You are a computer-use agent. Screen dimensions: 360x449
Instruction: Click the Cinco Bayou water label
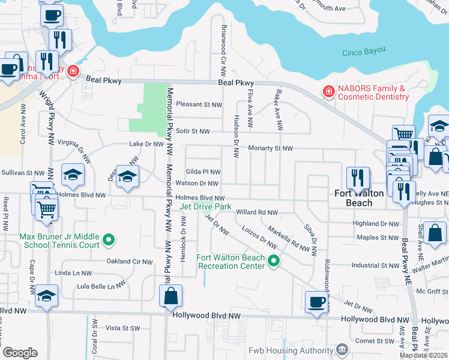[363, 52]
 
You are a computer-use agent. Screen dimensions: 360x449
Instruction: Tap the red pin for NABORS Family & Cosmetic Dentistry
[328, 92]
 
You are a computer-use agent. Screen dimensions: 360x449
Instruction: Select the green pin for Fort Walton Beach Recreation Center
[274, 260]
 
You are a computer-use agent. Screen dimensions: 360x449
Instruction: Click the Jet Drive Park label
[205, 206]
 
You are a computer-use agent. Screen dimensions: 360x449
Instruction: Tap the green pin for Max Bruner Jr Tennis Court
[108, 241]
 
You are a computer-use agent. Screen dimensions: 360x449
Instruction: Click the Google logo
[20, 353]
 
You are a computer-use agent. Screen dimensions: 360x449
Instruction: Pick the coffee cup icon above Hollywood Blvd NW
[316, 301]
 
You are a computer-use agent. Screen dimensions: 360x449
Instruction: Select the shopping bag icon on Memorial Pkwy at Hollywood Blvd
[170, 295]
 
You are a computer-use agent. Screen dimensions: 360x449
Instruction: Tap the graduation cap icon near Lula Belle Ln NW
[47, 295]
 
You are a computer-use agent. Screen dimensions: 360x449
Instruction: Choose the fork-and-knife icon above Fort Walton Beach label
[358, 177]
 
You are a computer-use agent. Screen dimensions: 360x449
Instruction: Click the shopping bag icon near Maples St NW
[438, 232]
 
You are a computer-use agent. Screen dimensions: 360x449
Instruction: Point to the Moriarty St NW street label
[271, 148]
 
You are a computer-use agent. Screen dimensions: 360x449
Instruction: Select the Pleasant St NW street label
[199, 104]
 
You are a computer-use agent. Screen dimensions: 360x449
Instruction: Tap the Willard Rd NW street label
[257, 212]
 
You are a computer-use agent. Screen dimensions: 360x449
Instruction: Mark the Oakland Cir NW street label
[130, 261]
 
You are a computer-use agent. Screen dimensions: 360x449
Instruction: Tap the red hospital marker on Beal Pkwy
[73, 71]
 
